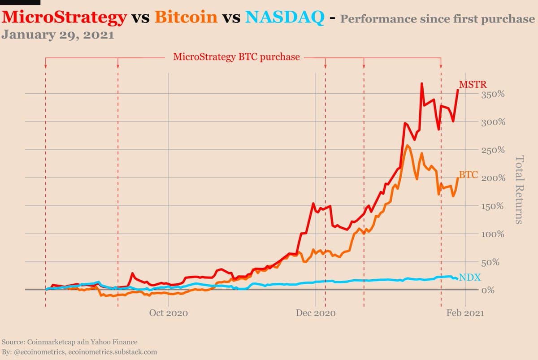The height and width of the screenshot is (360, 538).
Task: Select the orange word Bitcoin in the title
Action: pyautogui.click(x=186, y=17)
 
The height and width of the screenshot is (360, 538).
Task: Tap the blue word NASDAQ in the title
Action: pyautogui.click(x=286, y=17)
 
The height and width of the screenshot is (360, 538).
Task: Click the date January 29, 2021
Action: pyautogui.click(x=58, y=35)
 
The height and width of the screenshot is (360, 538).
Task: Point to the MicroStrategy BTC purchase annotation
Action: pyautogui.click(x=236, y=57)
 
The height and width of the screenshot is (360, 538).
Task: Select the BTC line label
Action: pyautogui.click(x=469, y=175)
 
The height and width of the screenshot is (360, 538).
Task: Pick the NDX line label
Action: pyautogui.click(x=470, y=278)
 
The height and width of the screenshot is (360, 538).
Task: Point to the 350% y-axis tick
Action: pyautogui.click(x=494, y=95)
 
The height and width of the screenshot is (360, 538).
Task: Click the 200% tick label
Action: pyautogui.click(x=494, y=178)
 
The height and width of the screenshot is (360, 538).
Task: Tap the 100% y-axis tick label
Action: pyautogui.click(x=494, y=234)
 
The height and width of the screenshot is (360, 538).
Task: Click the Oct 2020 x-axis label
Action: pyautogui.click(x=169, y=313)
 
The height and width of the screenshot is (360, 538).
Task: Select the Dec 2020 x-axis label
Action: pyautogui.click(x=316, y=313)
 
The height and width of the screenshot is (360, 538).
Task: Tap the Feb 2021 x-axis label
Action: pyautogui.click(x=465, y=313)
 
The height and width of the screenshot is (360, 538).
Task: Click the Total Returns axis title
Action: pyautogui.click(x=519, y=189)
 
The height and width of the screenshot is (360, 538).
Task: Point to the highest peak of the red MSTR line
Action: pyautogui.click(x=422, y=83)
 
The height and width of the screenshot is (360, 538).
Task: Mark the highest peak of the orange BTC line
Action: pyautogui.click(x=407, y=145)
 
